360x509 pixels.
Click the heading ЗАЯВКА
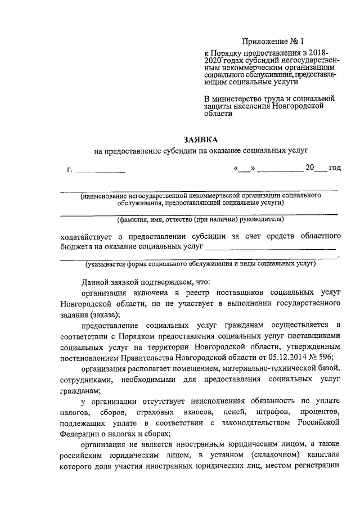click(201, 139)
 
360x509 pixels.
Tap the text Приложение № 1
click(272, 41)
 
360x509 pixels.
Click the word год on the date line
click(335, 168)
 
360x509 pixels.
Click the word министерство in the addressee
click(238, 98)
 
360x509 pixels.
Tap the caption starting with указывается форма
click(200, 263)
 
